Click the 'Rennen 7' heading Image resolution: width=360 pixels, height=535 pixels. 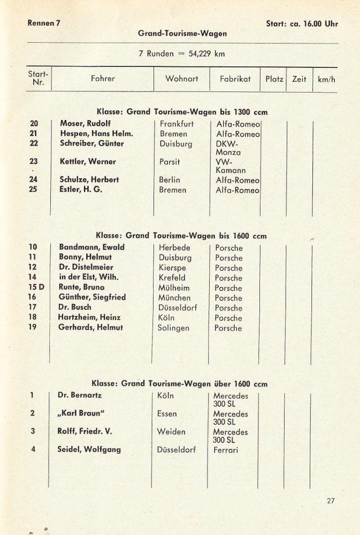pyautogui.click(x=43, y=24)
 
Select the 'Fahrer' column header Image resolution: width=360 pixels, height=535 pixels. pyautogui.click(x=103, y=79)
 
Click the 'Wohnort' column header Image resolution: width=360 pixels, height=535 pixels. pyautogui.click(x=182, y=79)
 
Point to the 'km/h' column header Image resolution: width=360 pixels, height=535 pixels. pyautogui.click(x=326, y=79)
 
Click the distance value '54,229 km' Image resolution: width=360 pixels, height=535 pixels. pyautogui.click(x=204, y=54)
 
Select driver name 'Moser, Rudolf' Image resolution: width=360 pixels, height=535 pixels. pyautogui.click(x=85, y=124)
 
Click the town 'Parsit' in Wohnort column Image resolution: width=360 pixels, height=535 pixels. pyautogui.click(x=170, y=162)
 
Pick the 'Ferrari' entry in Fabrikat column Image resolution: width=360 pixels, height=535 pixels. pyautogui.click(x=226, y=450)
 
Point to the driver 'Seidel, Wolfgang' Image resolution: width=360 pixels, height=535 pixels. pyautogui.click(x=89, y=449)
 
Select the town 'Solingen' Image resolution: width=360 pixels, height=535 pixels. pyautogui.click(x=173, y=328)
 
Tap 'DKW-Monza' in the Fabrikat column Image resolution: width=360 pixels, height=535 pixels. pyautogui.click(x=228, y=148)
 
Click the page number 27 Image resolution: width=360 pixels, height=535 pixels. pyautogui.click(x=330, y=501)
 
